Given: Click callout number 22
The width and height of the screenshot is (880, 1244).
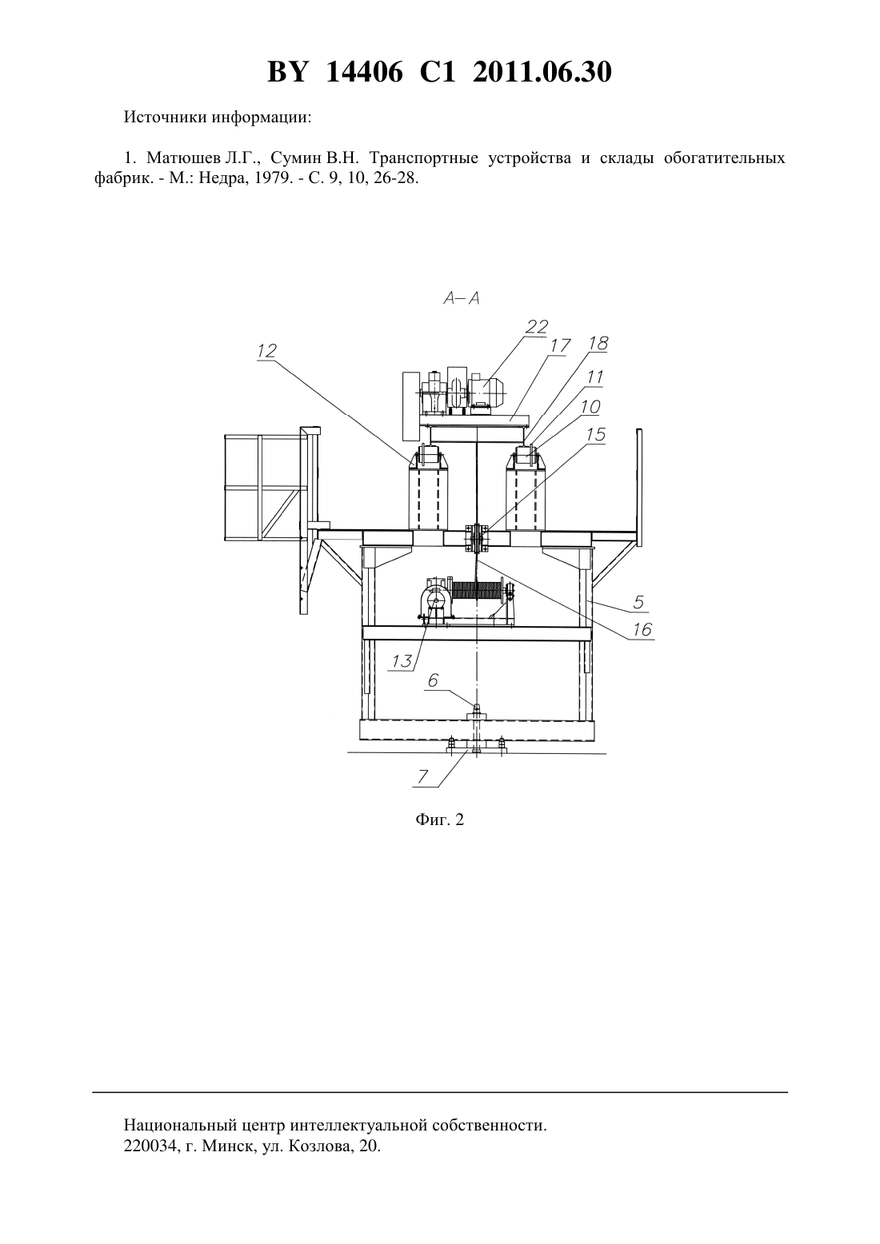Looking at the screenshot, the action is click(x=537, y=326).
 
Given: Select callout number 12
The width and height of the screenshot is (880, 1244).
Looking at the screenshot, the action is click(x=266, y=350).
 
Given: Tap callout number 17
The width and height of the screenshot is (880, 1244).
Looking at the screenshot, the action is click(x=560, y=345).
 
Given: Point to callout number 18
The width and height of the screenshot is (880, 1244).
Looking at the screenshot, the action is click(x=598, y=343).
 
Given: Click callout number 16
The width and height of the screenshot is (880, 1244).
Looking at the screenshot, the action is click(x=642, y=629).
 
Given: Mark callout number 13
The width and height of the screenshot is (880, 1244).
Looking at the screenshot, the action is click(x=402, y=661).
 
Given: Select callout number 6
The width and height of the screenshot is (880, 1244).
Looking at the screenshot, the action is click(x=434, y=680).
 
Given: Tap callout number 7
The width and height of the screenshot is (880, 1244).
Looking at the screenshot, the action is click(x=422, y=776).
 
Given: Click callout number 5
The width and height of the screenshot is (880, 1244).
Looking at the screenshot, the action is click(x=638, y=601).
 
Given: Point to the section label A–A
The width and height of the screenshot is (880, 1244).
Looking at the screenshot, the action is click(x=461, y=299).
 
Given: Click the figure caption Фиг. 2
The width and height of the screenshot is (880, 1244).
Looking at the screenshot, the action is click(x=439, y=819).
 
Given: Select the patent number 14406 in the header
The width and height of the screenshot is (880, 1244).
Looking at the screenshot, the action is click(x=364, y=72).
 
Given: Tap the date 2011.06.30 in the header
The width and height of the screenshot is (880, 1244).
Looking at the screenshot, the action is click(x=542, y=72).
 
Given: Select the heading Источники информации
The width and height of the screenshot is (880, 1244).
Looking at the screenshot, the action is click(x=218, y=118).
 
